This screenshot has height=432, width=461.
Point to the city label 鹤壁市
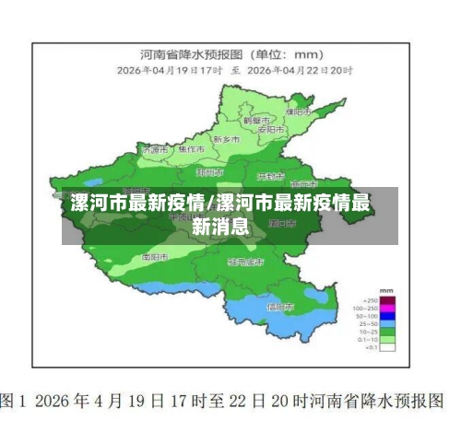tap(255, 121)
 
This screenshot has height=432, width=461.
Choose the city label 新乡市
tap(226, 139)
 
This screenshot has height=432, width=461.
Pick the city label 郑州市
tap(209, 171)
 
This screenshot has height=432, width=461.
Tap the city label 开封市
tap(270, 174)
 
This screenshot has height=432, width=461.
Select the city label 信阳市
tap(279, 306)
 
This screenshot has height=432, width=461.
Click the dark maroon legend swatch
tap(388, 300)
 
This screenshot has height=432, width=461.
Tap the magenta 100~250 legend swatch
tap(388, 309)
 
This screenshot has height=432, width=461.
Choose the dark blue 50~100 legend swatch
tap(388, 316)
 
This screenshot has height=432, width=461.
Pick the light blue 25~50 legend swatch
tap(388, 324)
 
